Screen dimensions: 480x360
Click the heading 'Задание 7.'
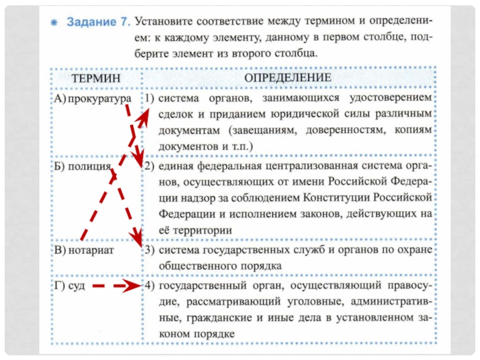[x=97, y=22]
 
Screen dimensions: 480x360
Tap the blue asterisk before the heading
[x=54, y=23]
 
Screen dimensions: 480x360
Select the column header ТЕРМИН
[x=95, y=79]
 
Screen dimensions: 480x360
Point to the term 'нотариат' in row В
[x=92, y=247]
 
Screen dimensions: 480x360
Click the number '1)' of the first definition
[x=149, y=97]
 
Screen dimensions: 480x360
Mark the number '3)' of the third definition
[x=149, y=247]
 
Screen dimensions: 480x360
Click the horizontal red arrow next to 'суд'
[x=117, y=287]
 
